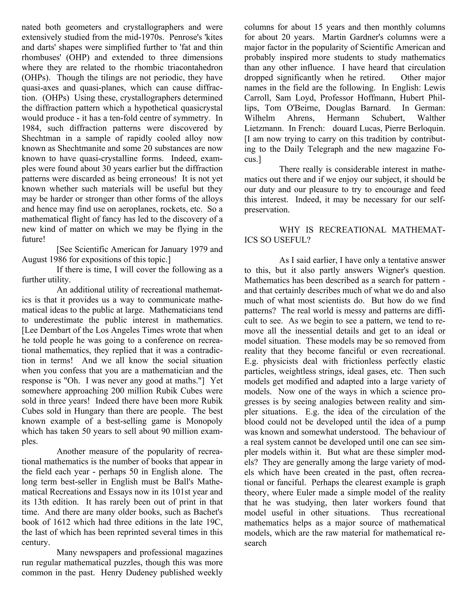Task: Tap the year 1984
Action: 30,128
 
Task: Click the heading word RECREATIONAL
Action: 352,230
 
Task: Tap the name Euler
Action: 306,492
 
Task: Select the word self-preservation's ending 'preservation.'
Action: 267,210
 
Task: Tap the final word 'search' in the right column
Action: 255,543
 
